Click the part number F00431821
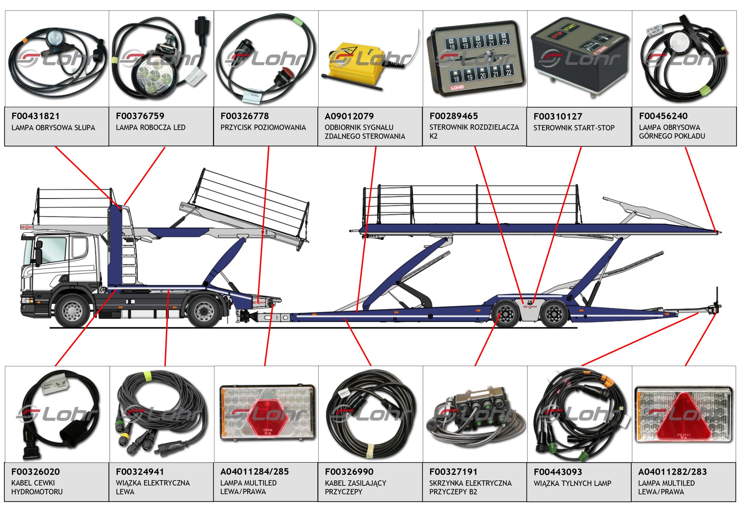pyautogui.click(x=36, y=116)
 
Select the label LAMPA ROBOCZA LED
pyautogui.click(x=151, y=127)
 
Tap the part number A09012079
pyautogui.click(x=349, y=116)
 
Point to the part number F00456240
pyautogui.click(x=663, y=116)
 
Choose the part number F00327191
pyautogui.click(x=453, y=472)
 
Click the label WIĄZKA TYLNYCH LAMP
pyautogui.click(x=572, y=483)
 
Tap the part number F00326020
pyautogui.click(x=36, y=472)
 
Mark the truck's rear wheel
pyautogui.click(x=204, y=310)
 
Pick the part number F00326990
pyautogui.click(x=349, y=472)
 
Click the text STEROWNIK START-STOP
pyautogui.click(x=574, y=128)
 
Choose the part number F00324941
pyautogui.click(x=140, y=472)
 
